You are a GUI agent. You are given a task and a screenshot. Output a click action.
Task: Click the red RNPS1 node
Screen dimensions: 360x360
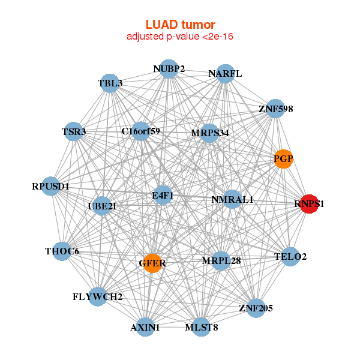tap(309, 204)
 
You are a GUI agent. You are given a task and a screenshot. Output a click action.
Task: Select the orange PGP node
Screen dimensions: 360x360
tap(283, 159)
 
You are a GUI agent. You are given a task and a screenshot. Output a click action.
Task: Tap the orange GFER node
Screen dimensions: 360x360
tap(152, 263)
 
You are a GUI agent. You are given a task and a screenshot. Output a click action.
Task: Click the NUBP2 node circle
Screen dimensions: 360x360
tap(169, 69)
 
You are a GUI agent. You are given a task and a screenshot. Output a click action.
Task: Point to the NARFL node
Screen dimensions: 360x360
tap(225, 74)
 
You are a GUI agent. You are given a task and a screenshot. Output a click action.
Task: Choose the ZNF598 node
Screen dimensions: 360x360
tap(275, 109)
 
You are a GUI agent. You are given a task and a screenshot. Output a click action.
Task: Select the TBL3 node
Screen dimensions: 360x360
tap(110, 83)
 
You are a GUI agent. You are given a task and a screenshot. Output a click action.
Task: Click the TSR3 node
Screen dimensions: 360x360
tap(74, 131)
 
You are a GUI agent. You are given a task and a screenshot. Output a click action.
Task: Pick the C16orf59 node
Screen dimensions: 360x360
tap(140, 131)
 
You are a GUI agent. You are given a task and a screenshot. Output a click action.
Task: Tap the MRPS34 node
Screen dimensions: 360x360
tap(209, 133)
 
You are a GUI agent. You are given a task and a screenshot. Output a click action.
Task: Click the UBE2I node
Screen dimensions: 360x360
tap(102, 206)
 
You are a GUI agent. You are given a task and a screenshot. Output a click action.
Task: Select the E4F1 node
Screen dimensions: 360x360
tap(163, 196)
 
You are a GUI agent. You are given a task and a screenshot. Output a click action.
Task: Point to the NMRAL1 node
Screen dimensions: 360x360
tap(233, 199)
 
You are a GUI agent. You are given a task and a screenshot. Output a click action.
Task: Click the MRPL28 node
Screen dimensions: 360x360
tap(221, 260)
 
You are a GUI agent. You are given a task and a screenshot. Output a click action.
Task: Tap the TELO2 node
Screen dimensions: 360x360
tap(290, 257)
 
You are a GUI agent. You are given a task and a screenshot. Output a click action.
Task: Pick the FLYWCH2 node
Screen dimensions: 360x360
tap(98, 296)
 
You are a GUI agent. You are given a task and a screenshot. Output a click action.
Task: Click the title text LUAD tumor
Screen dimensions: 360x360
tap(180, 25)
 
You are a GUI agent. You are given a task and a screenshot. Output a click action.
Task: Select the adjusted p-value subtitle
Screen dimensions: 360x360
tap(180, 37)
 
